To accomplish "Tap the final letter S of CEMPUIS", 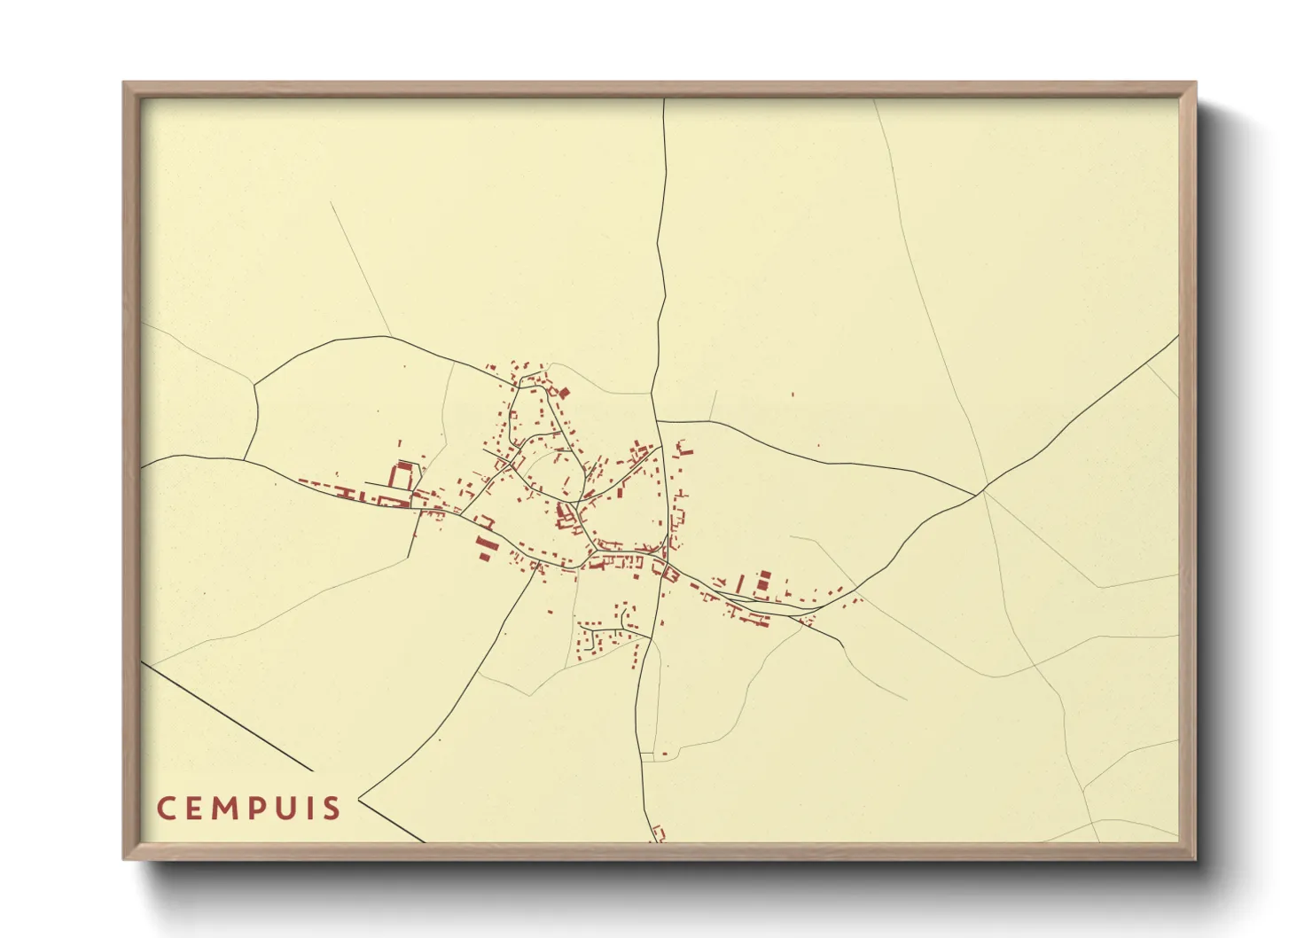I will [333, 809].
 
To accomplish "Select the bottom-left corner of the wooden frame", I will [125, 857].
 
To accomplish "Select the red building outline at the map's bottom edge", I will [658, 834].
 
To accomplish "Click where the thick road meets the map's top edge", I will [665, 99].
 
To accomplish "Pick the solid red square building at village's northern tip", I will [563, 391].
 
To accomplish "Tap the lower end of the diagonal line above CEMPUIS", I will [313, 770].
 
